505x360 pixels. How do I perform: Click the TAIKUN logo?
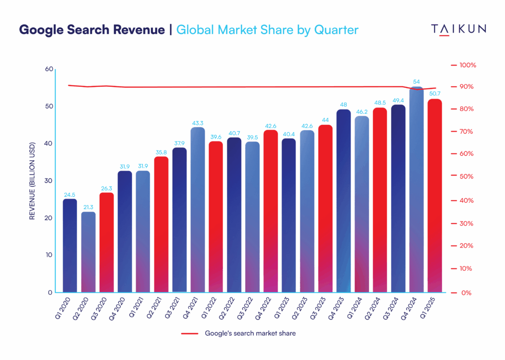pyautogui.click(x=459, y=30)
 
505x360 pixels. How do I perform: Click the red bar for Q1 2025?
pyautogui.click(x=434, y=197)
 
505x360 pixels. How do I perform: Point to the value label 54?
pyautogui.click(x=416, y=82)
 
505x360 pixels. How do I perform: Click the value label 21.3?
pyautogui.click(x=88, y=207)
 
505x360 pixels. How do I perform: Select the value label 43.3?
pyautogui.click(x=198, y=122)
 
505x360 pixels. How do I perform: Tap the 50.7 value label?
pyautogui.click(x=434, y=94)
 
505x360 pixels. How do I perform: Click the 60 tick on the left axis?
pyautogui.click(x=48, y=69)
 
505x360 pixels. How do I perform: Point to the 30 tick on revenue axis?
pyautogui.click(x=48, y=181)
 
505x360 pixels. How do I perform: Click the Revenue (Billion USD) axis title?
pyautogui.click(x=32, y=181)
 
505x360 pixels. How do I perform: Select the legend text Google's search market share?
pyautogui.click(x=250, y=333)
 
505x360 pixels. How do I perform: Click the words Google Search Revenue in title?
pyautogui.click(x=92, y=30)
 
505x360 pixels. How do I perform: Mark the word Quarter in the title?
pyautogui.click(x=337, y=30)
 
